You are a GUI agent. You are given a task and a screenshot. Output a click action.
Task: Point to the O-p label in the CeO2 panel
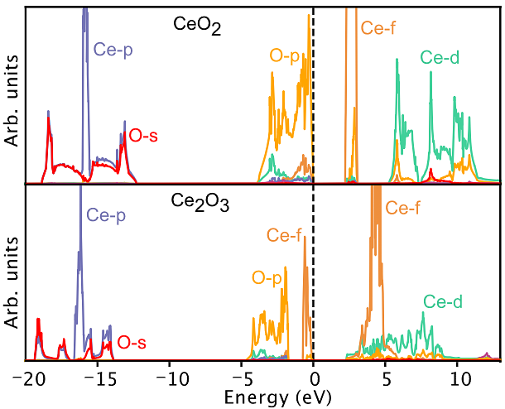(286, 57)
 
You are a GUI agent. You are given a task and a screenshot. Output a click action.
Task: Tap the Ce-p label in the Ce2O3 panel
(108, 216)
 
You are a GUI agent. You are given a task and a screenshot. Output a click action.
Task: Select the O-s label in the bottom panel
(133, 341)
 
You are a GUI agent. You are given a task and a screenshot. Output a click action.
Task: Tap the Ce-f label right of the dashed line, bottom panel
(403, 208)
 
